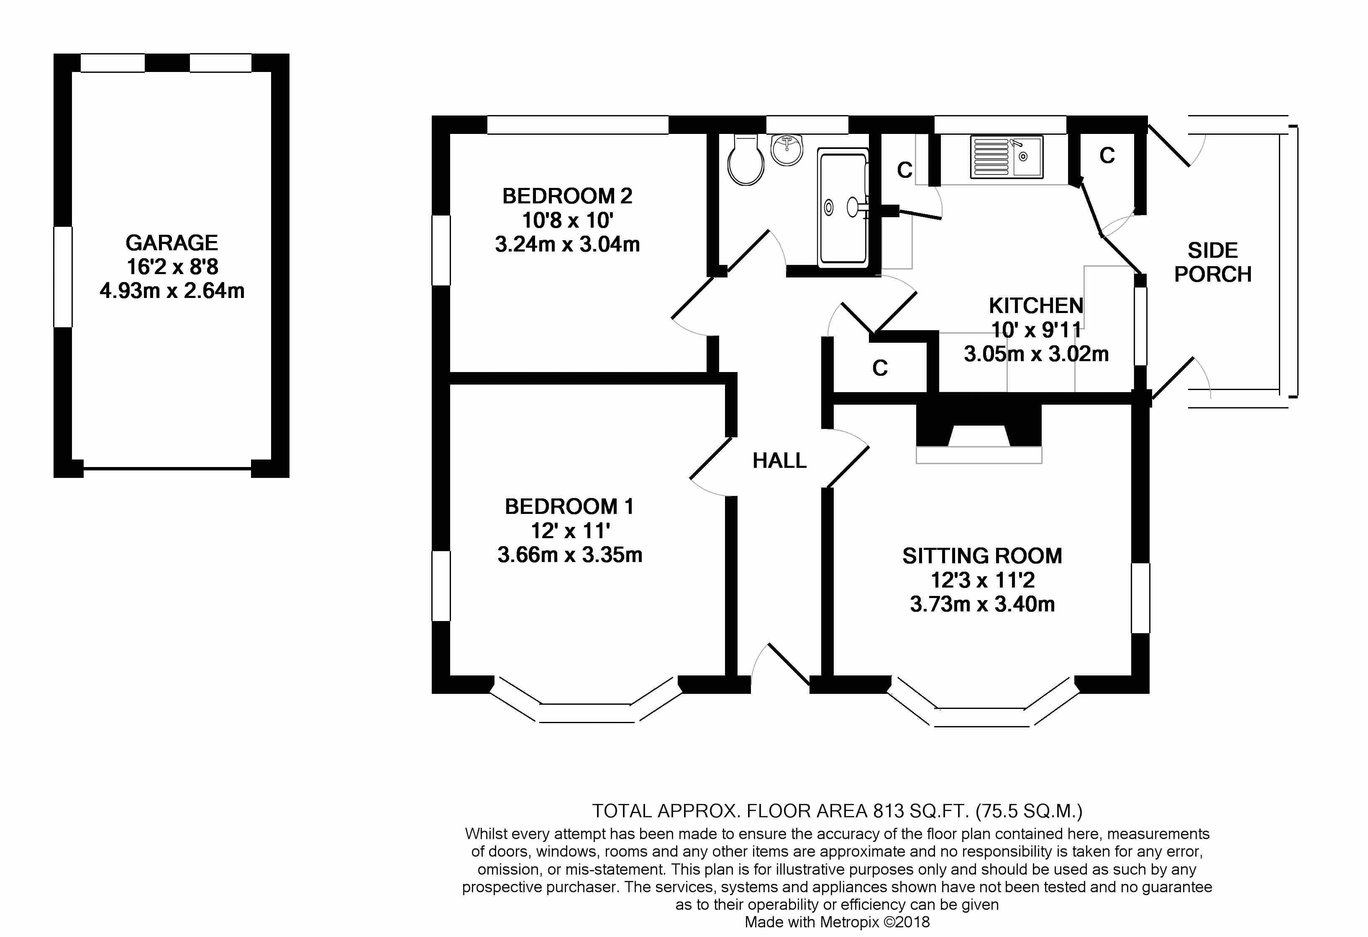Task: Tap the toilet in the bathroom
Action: (x=746, y=159)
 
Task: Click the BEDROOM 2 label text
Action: (x=567, y=195)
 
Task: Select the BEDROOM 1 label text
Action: (x=569, y=506)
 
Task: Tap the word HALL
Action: (x=779, y=461)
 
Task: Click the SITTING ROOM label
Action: (x=982, y=556)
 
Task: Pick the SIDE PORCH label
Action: (x=1213, y=262)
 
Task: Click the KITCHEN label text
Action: (x=1036, y=305)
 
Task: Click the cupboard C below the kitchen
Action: (x=880, y=368)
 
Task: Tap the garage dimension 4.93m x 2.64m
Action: (x=172, y=291)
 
